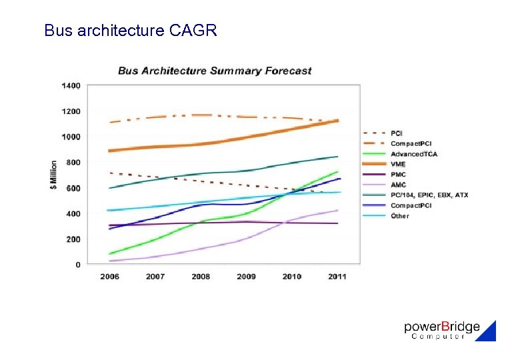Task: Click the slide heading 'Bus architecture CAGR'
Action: point(130,30)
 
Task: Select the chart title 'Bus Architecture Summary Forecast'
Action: point(215,71)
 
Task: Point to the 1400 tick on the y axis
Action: point(71,85)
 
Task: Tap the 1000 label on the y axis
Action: point(71,137)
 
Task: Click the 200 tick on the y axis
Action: point(73,239)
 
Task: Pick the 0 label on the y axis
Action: point(77,265)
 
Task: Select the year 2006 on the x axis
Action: point(109,276)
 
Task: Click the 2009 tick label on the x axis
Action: point(246,276)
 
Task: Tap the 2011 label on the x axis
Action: point(337,276)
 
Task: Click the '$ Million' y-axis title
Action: point(53,175)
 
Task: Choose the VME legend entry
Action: point(398,164)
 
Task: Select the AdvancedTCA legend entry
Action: point(414,154)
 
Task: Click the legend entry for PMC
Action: point(399,175)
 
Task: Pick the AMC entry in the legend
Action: point(399,185)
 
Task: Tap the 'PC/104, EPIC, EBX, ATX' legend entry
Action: point(429,195)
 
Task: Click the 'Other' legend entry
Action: point(400,215)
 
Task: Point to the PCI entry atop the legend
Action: point(397,133)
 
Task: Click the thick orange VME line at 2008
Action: point(201,144)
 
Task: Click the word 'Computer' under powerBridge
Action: point(438,337)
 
